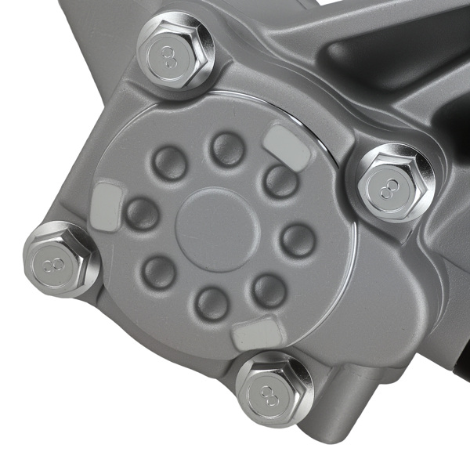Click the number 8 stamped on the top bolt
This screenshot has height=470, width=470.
click(169, 56)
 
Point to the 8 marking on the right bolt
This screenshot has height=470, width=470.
click(389, 189)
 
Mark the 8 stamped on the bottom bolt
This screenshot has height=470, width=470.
click(269, 396)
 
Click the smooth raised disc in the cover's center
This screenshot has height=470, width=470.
click(218, 230)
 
